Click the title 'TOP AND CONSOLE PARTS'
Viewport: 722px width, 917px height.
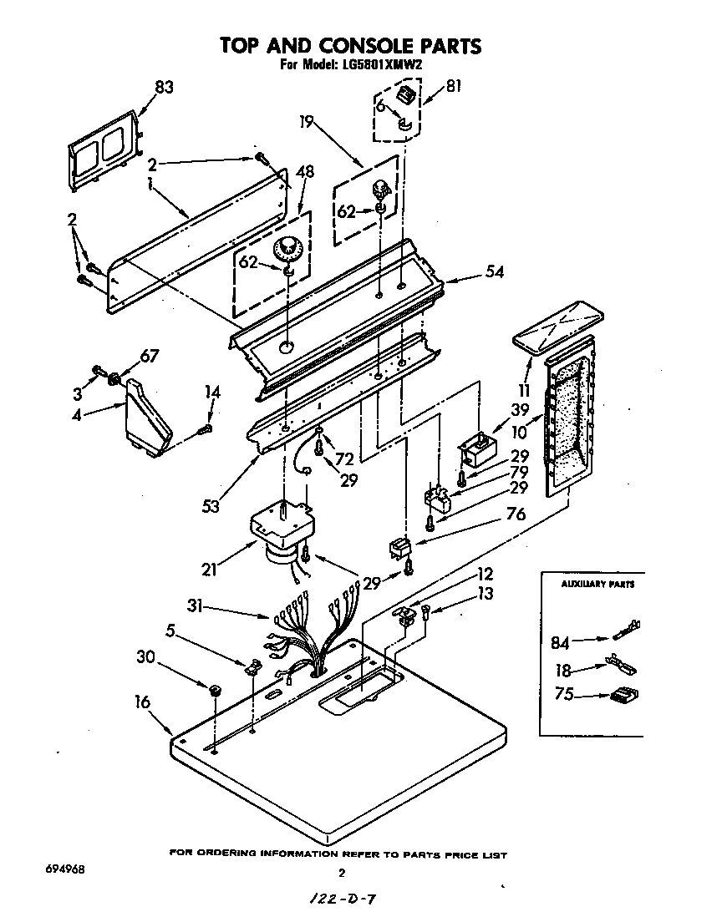(350, 45)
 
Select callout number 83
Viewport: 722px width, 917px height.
(164, 86)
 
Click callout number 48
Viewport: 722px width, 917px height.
(305, 172)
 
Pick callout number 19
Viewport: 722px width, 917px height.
(307, 122)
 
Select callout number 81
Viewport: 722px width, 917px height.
(453, 84)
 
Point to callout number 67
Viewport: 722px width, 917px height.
(147, 357)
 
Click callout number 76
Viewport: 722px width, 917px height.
(516, 514)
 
